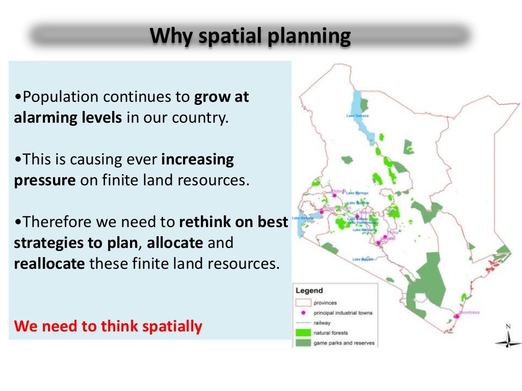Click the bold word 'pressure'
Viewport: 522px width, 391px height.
point(45,180)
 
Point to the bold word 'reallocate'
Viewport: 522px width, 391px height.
point(49,264)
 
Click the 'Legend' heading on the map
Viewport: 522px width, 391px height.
point(309,291)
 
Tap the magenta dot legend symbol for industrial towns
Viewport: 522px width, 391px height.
point(302,313)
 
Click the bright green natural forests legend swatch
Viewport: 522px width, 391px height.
point(302,333)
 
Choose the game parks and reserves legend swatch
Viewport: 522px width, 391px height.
point(302,343)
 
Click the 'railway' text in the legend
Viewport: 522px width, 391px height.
point(322,323)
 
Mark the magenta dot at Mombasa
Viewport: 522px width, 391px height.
point(457,316)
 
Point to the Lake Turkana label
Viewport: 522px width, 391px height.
point(357,116)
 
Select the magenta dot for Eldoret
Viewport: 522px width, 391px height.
point(334,195)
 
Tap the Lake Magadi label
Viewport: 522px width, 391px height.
point(362,260)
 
